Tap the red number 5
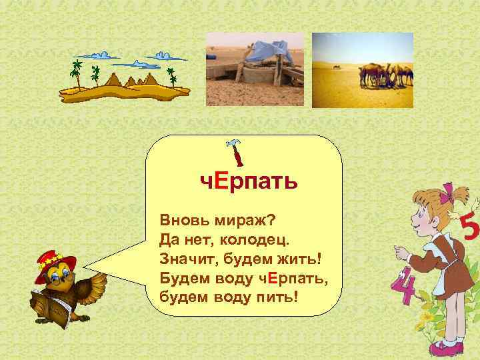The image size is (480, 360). [x=469, y=230]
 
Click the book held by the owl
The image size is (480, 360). [x=51, y=307]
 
